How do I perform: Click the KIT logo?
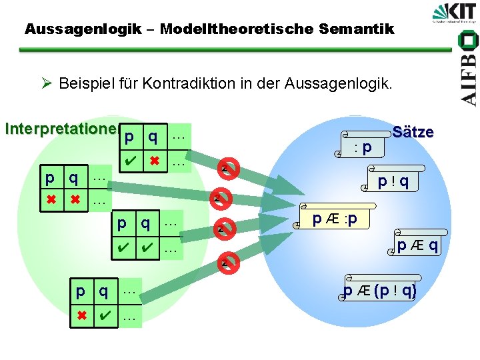tap(455, 14)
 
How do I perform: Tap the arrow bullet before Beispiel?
tap(46, 84)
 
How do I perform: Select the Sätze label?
tap(413, 132)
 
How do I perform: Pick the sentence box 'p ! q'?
tap(393, 180)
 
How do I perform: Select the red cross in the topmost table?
tap(155, 161)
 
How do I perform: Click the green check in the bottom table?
tap(103, 317)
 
